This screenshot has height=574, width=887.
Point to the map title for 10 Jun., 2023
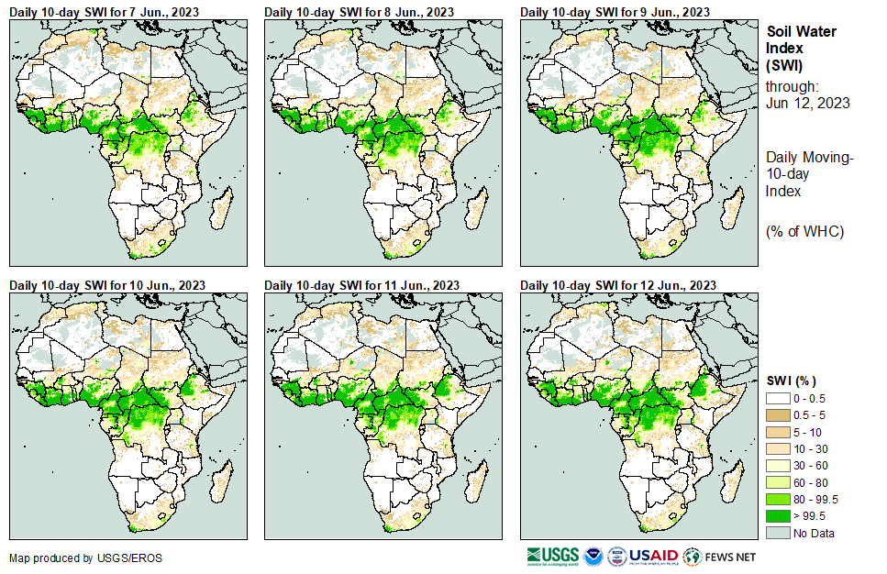(106, 285)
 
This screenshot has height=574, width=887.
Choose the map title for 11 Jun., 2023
(361, 285)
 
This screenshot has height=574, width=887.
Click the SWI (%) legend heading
(792, 381)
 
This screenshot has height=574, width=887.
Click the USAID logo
(652, 557)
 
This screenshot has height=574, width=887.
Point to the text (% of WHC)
(804, 231)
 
